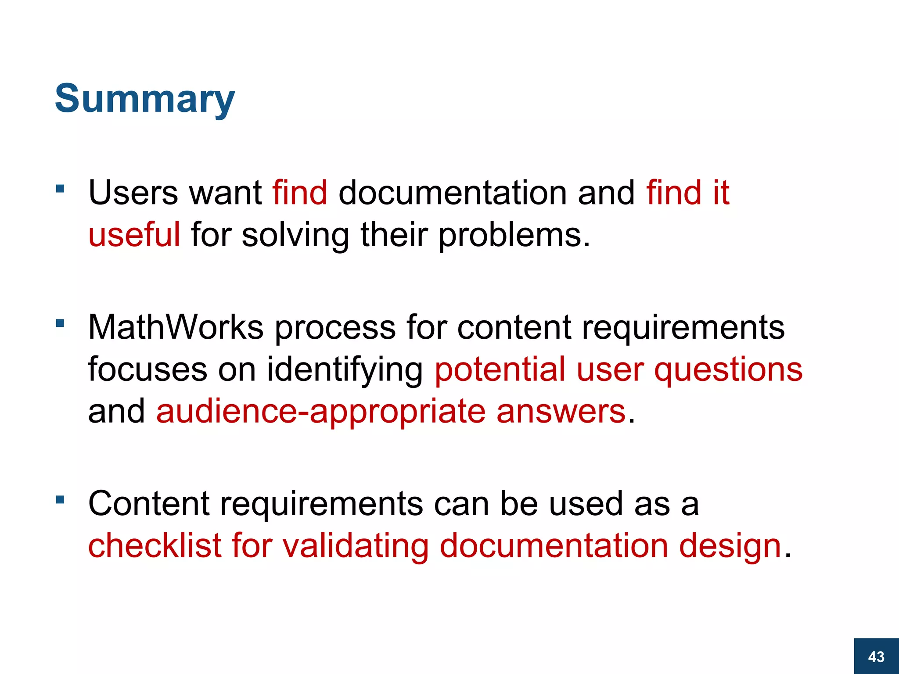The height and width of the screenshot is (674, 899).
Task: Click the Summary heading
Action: click(144, 99)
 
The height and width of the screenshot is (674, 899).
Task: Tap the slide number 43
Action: click(876, 656)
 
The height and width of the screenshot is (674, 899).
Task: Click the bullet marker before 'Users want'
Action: click(60, 190)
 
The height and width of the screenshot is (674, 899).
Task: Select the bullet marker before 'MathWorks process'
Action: click(60, 324)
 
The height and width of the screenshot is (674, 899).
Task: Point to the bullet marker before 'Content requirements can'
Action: click(60, 499)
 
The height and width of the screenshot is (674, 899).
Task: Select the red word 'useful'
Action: click(134, 235)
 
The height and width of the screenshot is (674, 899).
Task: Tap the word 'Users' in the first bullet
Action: click(133, 193)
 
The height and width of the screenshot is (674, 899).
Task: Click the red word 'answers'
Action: click(561, 412)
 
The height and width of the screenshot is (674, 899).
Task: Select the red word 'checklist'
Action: click(155, 545)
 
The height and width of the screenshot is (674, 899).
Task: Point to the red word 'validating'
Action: click(355, 546)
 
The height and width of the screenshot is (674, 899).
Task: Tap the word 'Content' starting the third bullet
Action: click(148, 504)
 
